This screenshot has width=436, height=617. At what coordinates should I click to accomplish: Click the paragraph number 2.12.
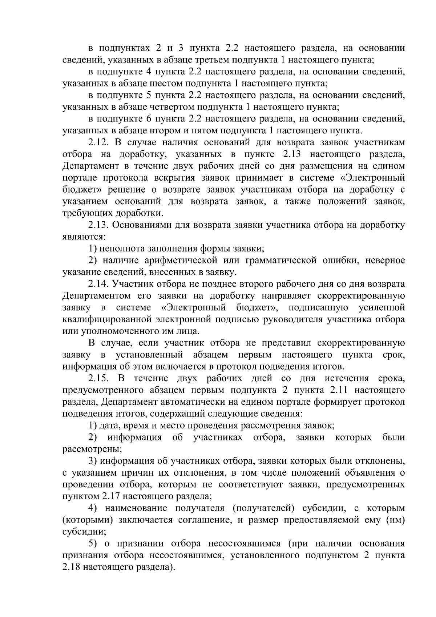click(x=98, y=143)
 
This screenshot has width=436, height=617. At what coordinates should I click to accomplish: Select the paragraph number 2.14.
click(x=98, y=284)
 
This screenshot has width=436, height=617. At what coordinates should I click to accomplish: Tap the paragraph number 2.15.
click(x=98, y=379)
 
